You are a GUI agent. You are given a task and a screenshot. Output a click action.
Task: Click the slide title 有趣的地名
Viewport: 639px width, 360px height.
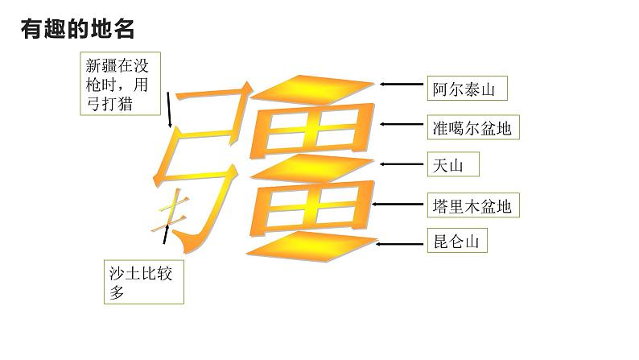[78, 29]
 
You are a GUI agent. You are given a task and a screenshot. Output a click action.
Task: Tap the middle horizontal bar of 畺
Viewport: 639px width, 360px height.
[314, 166]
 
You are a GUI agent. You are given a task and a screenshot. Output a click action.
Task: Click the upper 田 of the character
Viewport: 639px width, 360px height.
[314, 126]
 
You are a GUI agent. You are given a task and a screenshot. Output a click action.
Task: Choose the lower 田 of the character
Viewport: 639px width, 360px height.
[314, 205]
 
